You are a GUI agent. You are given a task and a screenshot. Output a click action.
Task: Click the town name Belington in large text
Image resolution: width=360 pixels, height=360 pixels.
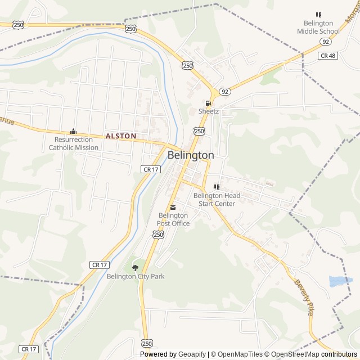pos(191,155)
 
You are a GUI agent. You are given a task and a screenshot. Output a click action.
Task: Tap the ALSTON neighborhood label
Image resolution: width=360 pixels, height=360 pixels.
pos(121,136)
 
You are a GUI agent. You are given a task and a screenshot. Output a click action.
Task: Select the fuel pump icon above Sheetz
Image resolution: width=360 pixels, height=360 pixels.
pos(209,103)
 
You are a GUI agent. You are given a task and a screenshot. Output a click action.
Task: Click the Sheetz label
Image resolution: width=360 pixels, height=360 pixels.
pos(208,111)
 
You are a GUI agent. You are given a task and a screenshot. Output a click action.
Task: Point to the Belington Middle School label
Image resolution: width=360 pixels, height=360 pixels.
pos(318,27)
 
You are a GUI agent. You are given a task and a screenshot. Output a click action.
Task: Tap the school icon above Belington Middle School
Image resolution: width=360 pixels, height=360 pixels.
pos(318,15)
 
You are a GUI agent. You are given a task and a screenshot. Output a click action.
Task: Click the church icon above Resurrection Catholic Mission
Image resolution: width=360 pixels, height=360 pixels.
pos(73,131)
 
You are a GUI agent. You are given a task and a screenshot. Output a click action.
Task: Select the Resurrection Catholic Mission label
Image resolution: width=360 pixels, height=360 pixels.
pos(73,143)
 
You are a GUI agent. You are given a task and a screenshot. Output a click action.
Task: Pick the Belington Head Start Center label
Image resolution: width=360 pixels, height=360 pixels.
pos(217,200)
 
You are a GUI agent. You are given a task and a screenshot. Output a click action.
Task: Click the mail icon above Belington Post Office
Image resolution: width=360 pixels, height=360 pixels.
pos(173,207)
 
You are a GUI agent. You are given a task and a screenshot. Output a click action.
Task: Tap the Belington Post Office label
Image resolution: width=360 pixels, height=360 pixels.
pos(174,219)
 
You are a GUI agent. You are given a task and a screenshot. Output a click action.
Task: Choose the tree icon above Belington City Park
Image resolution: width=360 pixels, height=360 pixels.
pos(135,267)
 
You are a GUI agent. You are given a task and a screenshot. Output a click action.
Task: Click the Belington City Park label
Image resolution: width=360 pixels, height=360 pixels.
pos(136,276)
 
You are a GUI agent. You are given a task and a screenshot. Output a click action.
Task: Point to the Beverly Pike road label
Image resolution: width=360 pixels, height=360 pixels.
pos(303,298)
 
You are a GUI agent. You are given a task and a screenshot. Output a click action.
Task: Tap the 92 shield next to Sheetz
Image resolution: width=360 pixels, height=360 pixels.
pos(225,91)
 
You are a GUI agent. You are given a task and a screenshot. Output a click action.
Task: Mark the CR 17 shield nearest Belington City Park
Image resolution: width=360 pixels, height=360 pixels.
pos(98,264)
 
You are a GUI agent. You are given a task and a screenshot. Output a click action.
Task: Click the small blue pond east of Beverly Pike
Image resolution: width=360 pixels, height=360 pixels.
pos(340,280)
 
